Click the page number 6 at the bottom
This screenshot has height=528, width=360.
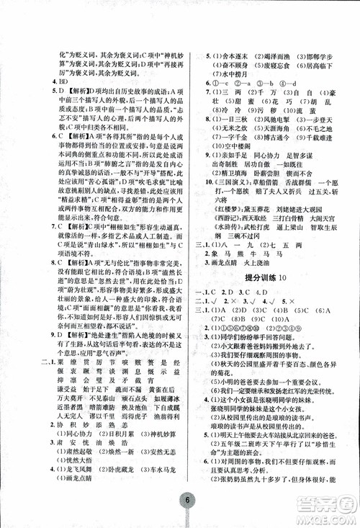186,501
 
